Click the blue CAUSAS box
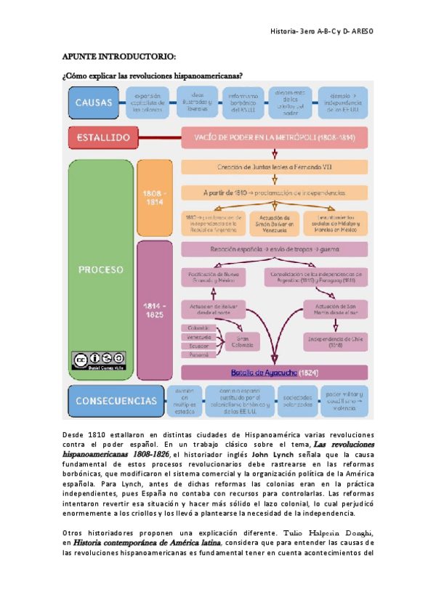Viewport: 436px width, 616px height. [x=94, y=102]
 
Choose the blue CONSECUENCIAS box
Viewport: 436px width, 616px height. [x=115, y=401]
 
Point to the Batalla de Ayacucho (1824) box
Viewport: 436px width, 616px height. [x=274, y=373]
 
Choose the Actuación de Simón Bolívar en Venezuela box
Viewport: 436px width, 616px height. [x=274, y=222]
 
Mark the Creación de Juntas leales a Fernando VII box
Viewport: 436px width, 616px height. [x=274, y=167]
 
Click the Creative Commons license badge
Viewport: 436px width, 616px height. [x=99, y=360]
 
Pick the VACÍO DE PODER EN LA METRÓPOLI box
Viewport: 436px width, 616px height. [x=274, y=137]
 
